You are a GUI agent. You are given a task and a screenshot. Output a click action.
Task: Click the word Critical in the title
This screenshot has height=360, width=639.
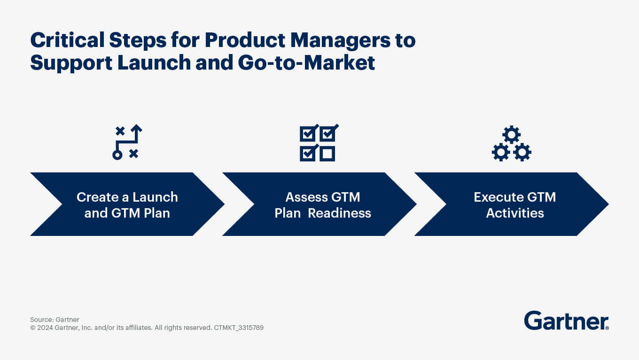[67, 40]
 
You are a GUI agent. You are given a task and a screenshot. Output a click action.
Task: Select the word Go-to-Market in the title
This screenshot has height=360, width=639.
[306, 63]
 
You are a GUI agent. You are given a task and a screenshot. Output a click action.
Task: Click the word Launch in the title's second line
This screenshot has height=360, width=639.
[154, 63]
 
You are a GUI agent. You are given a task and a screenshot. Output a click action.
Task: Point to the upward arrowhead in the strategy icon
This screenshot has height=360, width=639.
[137, 129]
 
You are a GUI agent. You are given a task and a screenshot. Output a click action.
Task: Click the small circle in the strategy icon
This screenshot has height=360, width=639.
[117, 155]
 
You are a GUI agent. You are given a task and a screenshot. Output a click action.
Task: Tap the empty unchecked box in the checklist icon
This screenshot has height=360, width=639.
[327, 154]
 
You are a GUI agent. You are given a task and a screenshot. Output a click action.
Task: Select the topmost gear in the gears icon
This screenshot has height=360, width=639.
[512, 134]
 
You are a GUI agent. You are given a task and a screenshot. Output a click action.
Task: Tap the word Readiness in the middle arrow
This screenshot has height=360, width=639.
[339, 213]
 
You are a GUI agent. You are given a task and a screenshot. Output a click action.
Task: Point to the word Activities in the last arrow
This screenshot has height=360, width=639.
[515, 213]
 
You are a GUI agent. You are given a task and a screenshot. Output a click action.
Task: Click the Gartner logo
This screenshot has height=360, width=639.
[566, 321]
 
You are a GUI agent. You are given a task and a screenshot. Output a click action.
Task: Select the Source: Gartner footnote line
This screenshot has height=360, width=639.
[55, 320]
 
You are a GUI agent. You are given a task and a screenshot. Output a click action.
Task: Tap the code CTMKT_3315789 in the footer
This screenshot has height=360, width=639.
[239, 328]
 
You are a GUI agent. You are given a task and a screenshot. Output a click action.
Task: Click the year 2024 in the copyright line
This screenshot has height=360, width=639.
[45, 328]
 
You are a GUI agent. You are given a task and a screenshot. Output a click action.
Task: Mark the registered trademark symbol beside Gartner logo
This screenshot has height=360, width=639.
[607, 328]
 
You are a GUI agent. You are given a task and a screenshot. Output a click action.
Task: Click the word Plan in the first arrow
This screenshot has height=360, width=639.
[156, 213]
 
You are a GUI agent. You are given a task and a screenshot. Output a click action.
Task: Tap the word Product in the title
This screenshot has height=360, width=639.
[245, 40]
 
